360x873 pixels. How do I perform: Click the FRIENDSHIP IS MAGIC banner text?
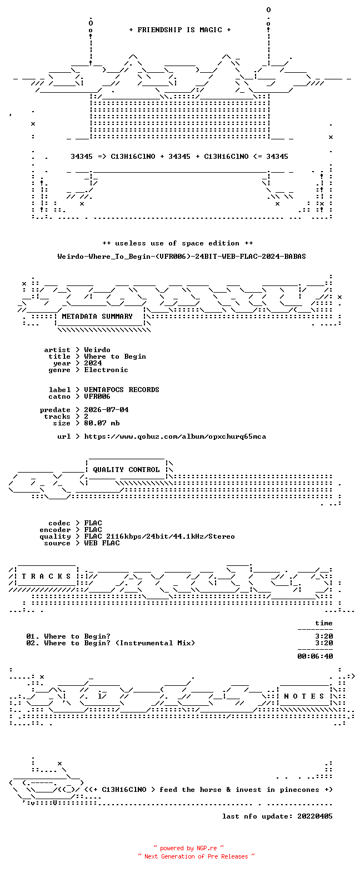[x=180, y=30]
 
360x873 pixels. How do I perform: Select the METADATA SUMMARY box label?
[x=97, y=317]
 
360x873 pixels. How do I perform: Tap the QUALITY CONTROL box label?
[x=126, y=470]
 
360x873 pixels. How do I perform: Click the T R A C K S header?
[x=47, y=576]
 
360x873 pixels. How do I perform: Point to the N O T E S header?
[x=304, y=696]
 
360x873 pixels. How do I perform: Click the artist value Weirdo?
[x=97, y=350]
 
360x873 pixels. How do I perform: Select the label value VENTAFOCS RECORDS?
[x=122, y=390]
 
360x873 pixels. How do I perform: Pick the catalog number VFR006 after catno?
[x=97, y=397]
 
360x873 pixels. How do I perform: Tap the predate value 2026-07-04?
[x=106, y=410]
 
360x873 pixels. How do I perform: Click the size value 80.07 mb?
[x=102, y=423]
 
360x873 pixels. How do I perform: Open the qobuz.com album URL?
[x=175, y=436]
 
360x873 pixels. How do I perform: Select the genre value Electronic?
[x=106, y=370]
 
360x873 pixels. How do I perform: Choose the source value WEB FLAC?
[x=102, y=543]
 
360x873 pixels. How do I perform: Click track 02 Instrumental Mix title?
[x=119, y=643]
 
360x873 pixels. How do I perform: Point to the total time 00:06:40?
[x=315, y=656]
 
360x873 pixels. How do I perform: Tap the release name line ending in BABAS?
[x=182, y=257]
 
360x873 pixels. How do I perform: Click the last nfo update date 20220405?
[x=315, y=816]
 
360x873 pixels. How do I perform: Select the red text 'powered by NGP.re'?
[x=188, y=848]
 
